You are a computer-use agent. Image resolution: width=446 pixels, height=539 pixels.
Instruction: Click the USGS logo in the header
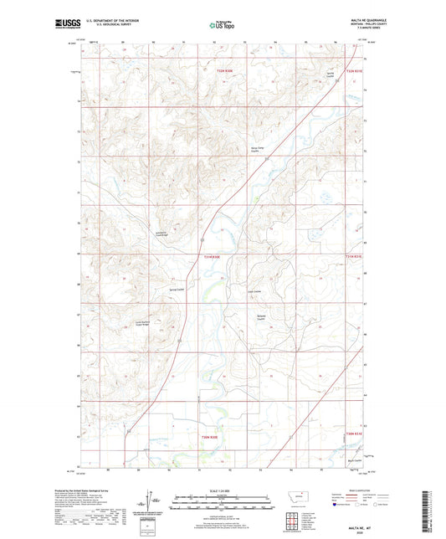coord(61,25)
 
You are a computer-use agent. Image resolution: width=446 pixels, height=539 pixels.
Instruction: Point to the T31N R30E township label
coord(215,257)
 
